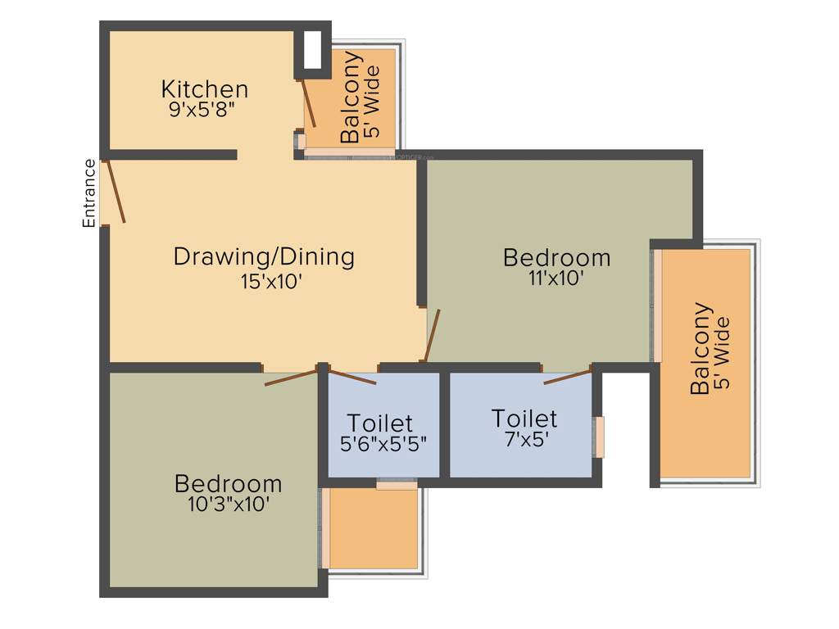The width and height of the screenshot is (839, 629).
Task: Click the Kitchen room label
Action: click(204, 88)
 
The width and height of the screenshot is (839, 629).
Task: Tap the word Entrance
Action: click(89, 192)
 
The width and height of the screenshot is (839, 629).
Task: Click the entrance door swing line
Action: click(114, 192)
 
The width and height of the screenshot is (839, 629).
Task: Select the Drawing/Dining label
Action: click(264, 257)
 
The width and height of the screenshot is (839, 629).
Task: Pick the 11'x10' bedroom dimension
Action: click(556, 278)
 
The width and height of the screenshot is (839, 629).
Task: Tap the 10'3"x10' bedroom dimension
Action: click(229, 505)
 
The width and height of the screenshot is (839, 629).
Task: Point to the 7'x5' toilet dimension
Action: click(524, 439)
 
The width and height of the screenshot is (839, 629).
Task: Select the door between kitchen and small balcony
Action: click(308, 102)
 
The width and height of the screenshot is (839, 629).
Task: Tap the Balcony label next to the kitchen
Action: click(351, 97)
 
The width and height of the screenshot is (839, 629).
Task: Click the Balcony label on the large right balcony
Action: click(701, 349)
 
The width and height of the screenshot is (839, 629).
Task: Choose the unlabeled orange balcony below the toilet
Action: click(374, 529)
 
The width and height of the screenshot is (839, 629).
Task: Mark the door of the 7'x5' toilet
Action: click(567, 378)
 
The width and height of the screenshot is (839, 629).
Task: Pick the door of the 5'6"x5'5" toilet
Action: click(352, 378)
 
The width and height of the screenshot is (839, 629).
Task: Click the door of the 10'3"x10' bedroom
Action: click(291, 378)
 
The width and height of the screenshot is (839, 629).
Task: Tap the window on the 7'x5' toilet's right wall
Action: click(601, 437)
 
